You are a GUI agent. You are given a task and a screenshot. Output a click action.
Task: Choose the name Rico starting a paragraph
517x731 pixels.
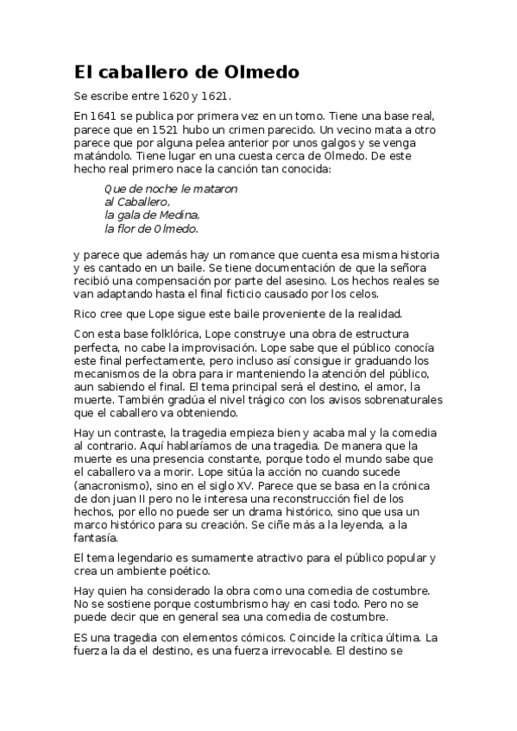coord(85,312)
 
